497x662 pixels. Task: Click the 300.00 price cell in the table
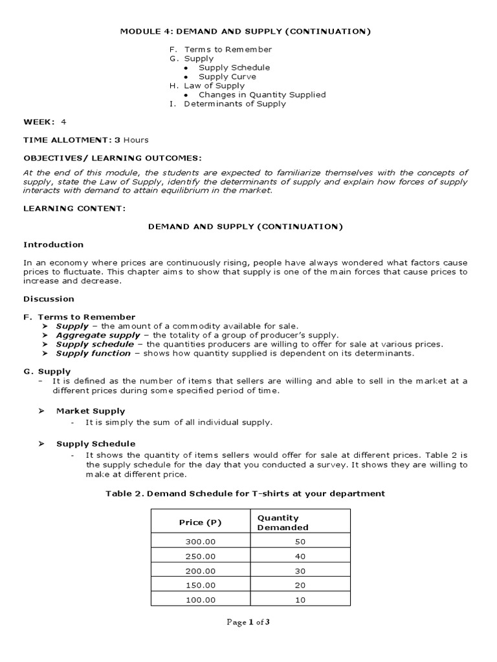199,541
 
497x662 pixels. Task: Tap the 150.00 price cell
199,585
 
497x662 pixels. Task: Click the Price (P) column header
199,522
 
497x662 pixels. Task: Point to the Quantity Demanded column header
283,522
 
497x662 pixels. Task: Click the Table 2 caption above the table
245,493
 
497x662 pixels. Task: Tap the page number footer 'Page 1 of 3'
248,623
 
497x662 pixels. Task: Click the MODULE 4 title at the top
248,31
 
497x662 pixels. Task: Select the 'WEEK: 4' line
45,122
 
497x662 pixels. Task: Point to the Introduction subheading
54,244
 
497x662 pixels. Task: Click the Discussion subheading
49,299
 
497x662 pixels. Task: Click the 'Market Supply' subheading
91,411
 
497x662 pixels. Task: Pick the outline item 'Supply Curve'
228,76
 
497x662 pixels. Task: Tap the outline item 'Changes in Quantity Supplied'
262,94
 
